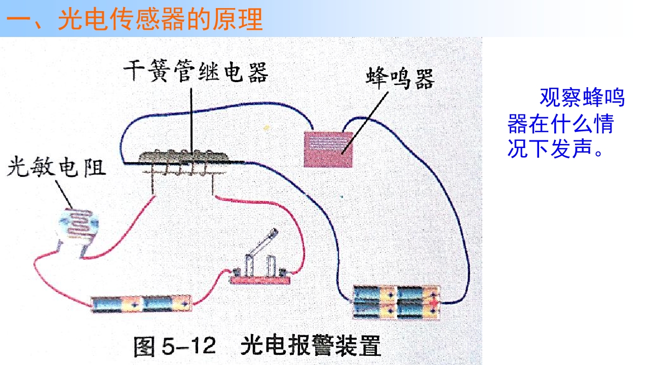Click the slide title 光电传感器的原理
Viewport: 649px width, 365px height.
[x=160, y=19]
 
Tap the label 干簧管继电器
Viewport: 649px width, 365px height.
[x=196, y=71]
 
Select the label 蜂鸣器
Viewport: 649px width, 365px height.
[x=400, y=79]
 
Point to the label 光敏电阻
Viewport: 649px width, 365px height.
[x=56, y=167]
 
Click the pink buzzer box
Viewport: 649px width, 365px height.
[x=328, y=150]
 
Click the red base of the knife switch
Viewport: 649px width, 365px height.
[x=260, y=280]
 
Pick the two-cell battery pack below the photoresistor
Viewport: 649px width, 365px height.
[x=141, y=304]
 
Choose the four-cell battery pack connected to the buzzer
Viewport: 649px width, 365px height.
[x=397, y=302]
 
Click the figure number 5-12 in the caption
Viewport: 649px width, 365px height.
[x=189, y=346]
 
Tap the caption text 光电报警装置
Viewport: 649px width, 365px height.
[x=311, y=346]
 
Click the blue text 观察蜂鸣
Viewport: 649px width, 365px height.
[x=582, y=97]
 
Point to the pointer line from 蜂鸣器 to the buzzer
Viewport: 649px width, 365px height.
[x=365, y=123]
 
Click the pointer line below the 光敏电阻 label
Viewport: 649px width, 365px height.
[x=64, y=194]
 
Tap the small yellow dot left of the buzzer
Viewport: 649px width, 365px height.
[x=266, y=127]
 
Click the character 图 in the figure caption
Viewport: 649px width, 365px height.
[x=144, y=346]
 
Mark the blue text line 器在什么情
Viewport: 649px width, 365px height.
[x=561, y=123]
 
